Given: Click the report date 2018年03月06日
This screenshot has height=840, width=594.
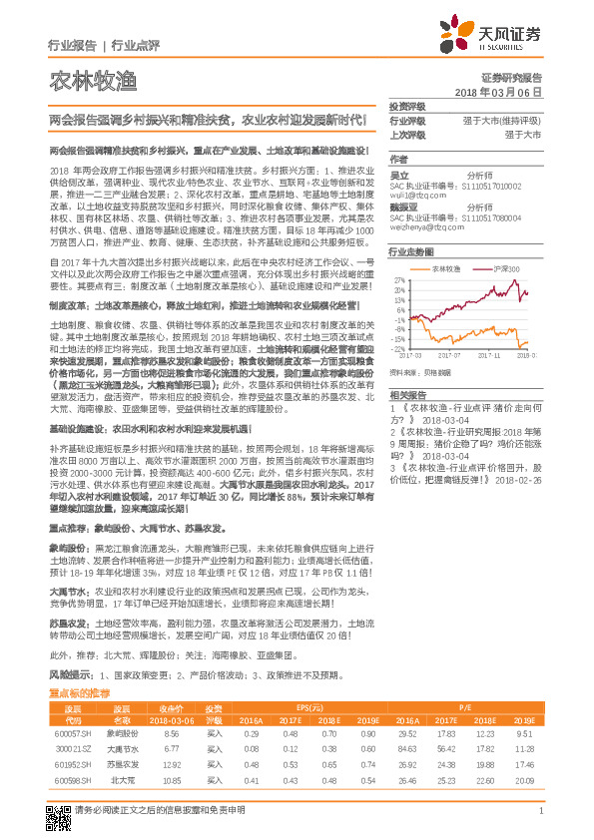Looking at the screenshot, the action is pyautogui.click(x=512, y=92).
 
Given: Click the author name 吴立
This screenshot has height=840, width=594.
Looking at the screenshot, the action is pyautogui.click(x=398, y=174).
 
